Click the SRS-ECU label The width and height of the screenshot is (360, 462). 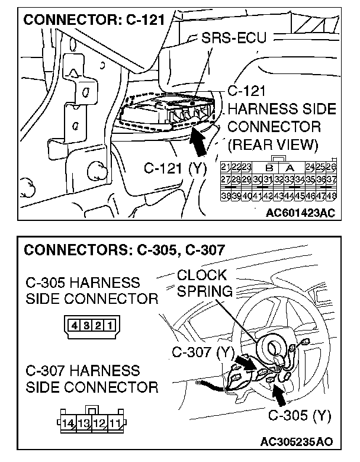tap(233, 38)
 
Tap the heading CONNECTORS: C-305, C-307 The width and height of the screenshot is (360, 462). tap(124, 249)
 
